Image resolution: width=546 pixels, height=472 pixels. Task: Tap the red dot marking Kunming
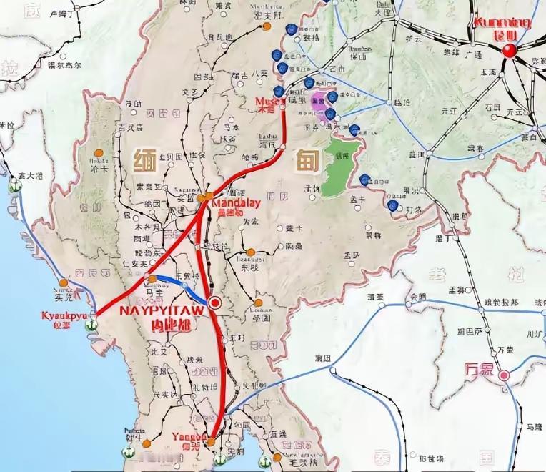point(510,49)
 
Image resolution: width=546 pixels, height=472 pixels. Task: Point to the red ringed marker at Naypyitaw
point(213,303)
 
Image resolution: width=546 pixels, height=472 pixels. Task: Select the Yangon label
point(189,436)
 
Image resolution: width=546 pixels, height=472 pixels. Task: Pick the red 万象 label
point(480,370)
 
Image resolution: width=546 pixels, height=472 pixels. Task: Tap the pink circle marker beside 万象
point(504,375)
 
